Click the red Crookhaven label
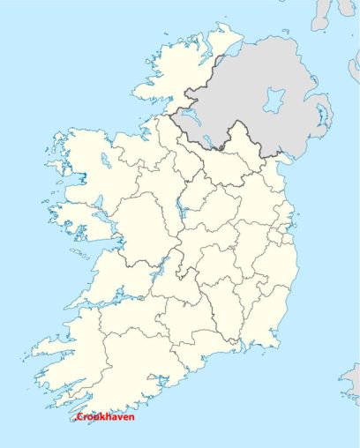tap(105, 416)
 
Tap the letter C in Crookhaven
tap(79, 416)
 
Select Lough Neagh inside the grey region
tap(275, 99)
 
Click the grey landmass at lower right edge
tap(350, 379)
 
